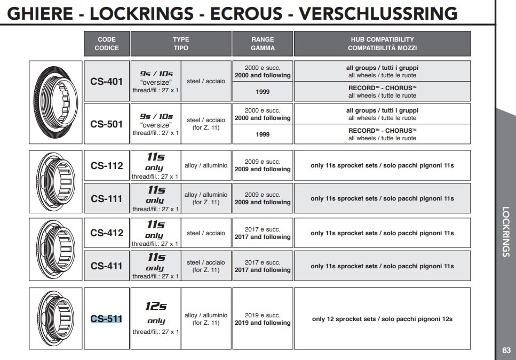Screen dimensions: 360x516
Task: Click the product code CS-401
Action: coord(107,82)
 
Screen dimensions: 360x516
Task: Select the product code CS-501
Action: coord(107,124)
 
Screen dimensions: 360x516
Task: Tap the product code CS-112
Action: coord(107,166)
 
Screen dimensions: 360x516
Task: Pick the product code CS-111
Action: coord(107,199)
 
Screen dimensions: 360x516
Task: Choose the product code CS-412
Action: coord(107,233)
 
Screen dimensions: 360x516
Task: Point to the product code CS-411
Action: coord(107,266)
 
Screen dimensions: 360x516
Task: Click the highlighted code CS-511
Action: coord(107,319)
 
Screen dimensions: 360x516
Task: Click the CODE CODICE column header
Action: coord(107,44)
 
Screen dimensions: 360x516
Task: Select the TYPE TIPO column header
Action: coord(181,44)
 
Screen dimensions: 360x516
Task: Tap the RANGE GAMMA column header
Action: coord(263,44)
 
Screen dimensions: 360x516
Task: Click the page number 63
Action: coord(506,350)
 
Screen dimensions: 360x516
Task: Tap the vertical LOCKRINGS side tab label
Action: coord(506,232)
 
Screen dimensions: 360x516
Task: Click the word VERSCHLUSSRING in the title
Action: coord(378,13)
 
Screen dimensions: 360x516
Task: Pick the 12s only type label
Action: coord(156,313)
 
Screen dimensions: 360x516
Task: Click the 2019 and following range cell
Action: coord(263,319)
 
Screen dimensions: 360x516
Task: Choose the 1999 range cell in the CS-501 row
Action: coord(263,134)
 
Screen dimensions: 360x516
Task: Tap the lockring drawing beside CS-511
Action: coord(56,318)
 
